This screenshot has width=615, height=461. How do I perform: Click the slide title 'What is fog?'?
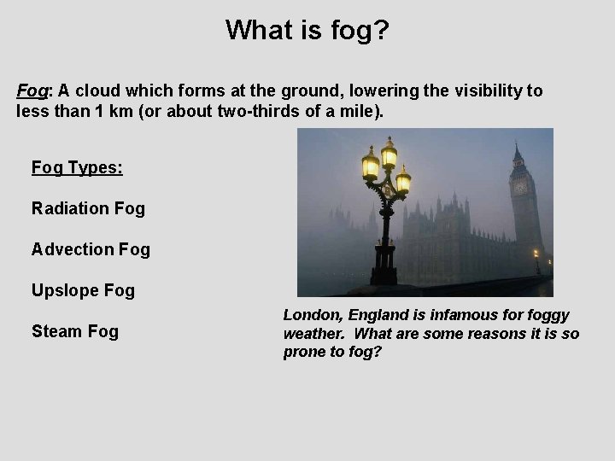click(307, 30)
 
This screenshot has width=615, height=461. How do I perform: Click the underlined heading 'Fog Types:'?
click(77, 167)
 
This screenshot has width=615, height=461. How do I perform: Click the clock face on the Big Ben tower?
click(520, 188)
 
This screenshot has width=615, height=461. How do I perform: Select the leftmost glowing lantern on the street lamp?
click(371, 162)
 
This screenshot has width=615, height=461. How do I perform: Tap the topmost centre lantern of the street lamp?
click(389, 153)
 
